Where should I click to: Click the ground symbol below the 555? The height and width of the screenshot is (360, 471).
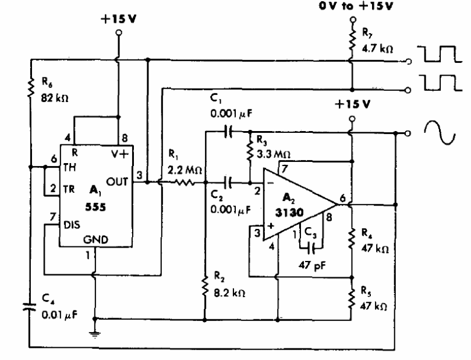95,334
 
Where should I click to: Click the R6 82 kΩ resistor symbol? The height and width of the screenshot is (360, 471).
31,88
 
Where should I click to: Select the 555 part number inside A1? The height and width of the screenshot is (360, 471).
95,207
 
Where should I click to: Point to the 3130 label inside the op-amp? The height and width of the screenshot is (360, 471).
289,213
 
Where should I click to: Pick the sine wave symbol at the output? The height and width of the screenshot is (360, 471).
440,132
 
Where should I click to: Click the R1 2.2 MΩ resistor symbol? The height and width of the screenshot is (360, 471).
183,182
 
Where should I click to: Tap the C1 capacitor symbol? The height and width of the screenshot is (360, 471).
229,132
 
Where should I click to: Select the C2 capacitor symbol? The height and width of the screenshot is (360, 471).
229,182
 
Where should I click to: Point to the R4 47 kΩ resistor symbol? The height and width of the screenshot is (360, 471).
352,239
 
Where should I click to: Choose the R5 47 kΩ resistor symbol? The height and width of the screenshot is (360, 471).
352,298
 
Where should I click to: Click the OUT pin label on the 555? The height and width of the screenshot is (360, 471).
117,182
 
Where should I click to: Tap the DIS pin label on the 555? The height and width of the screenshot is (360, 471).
72,225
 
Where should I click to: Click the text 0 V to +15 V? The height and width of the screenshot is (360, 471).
356,6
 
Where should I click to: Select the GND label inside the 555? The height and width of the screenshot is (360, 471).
95,239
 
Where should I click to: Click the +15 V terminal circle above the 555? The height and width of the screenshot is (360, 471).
119,32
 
